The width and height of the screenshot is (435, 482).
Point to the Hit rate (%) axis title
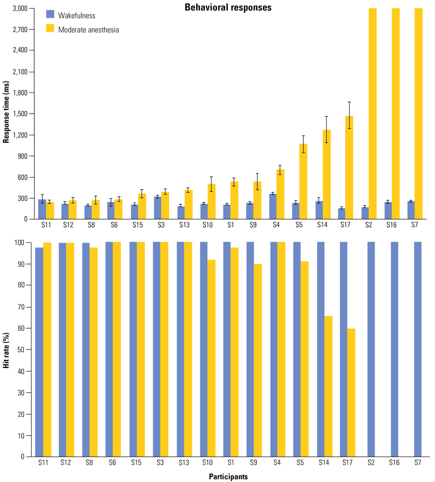tap(7, 349)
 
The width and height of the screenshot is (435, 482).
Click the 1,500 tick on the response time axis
tap(20, 114)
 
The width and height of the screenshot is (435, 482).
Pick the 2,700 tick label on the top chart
tap(20, 29)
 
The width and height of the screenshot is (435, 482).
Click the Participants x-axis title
tap(228, 476)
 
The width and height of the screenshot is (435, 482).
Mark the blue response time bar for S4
tap(273, 206)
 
